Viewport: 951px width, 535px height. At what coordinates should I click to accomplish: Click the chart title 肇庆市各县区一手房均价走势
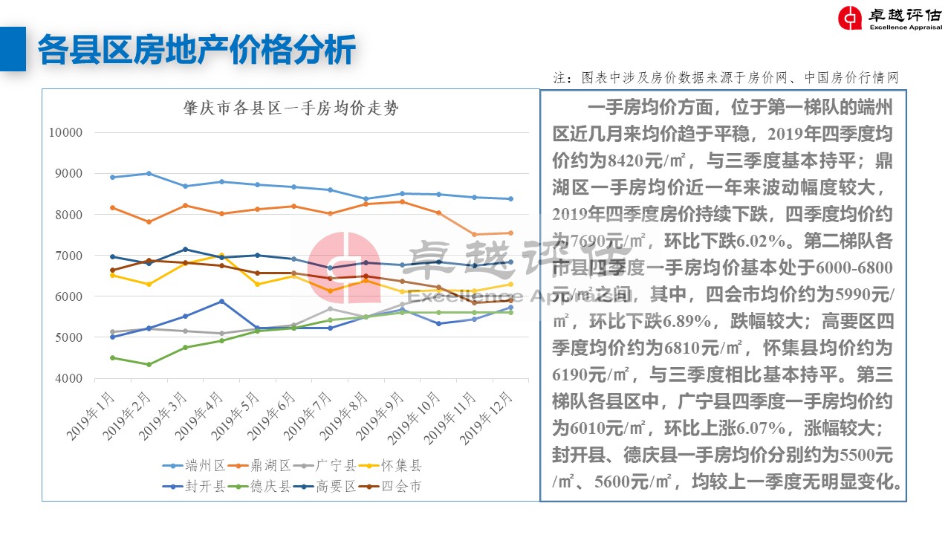pyautogui.click(x=291, y=108)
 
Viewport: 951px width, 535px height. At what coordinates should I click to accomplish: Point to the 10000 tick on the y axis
pyautogui.click(x=66, y=133)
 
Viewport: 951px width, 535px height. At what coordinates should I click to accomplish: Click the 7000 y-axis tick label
pyautogui.click(x=70, y=256)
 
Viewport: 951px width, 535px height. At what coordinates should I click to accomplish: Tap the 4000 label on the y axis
pyautogui.click(x=70, y=378)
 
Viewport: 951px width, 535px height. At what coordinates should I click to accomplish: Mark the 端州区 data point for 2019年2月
pyautogui.click(x=149, y=174)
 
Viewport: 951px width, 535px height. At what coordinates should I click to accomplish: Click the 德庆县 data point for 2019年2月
pyautogui.click(x=149, y=364)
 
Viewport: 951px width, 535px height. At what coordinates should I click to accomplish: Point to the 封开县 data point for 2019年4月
pyautogui.click(x=221, y=301)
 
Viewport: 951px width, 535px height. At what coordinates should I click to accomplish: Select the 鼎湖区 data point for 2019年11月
pyautogui.click(x=473, y=235)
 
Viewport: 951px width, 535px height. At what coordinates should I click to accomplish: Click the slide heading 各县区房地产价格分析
pyautogui.click(x=196, y=49)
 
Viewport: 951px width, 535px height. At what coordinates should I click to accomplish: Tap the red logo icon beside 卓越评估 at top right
pyautogui.click(x=849, y=19)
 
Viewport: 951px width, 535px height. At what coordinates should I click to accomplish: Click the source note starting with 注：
pyautogui.click(x=726, y=78)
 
